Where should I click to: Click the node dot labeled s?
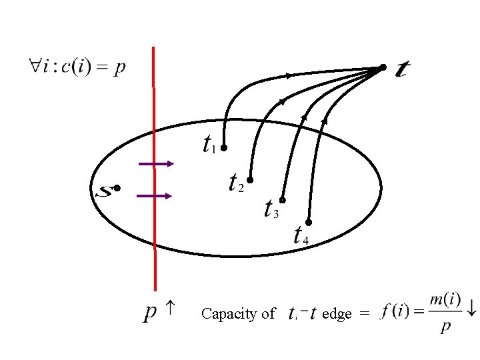pos(117,189)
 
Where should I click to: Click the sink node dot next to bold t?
pos(383,67)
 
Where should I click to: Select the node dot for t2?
pos(251,179)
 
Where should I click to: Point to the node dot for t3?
pos(283,200)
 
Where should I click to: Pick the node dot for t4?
pos(309,221)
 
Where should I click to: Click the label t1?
pos(209,144)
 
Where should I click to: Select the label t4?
pos(300,235)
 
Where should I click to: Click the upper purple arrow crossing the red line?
pos(155,163)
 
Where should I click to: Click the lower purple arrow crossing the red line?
pos(155,196)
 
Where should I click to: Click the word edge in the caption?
pos(337,314)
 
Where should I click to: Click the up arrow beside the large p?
pos(171,308)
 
